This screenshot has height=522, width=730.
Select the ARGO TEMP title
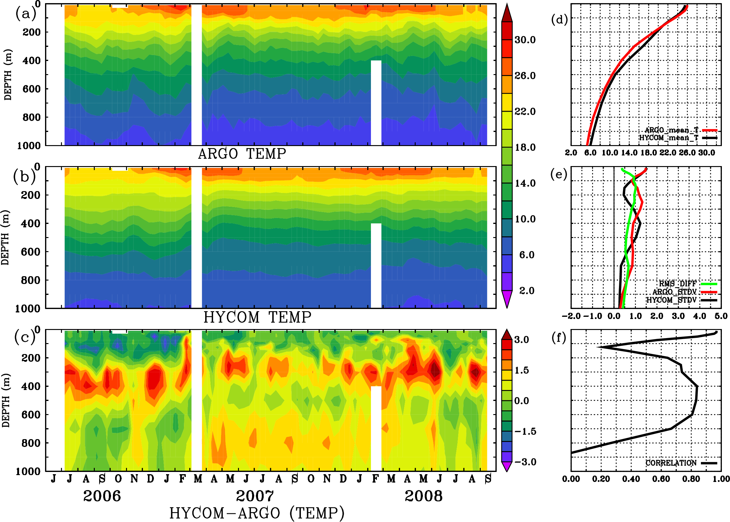242,154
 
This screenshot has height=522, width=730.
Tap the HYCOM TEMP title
257,317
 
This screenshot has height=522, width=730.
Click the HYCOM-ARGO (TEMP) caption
256,513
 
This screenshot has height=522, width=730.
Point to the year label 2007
255,496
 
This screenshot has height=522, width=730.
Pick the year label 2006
102,496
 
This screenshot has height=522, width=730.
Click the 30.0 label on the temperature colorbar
525,40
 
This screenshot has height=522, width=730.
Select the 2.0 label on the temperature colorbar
527,291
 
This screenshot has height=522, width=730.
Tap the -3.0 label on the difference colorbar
525,462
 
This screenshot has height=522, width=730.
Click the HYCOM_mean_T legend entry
669,138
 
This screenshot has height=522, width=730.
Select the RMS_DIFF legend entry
677,284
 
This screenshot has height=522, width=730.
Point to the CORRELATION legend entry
671,463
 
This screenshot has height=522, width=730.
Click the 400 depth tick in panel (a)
31,60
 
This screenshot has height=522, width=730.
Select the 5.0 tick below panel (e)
721,316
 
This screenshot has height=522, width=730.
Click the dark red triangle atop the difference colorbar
507,335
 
